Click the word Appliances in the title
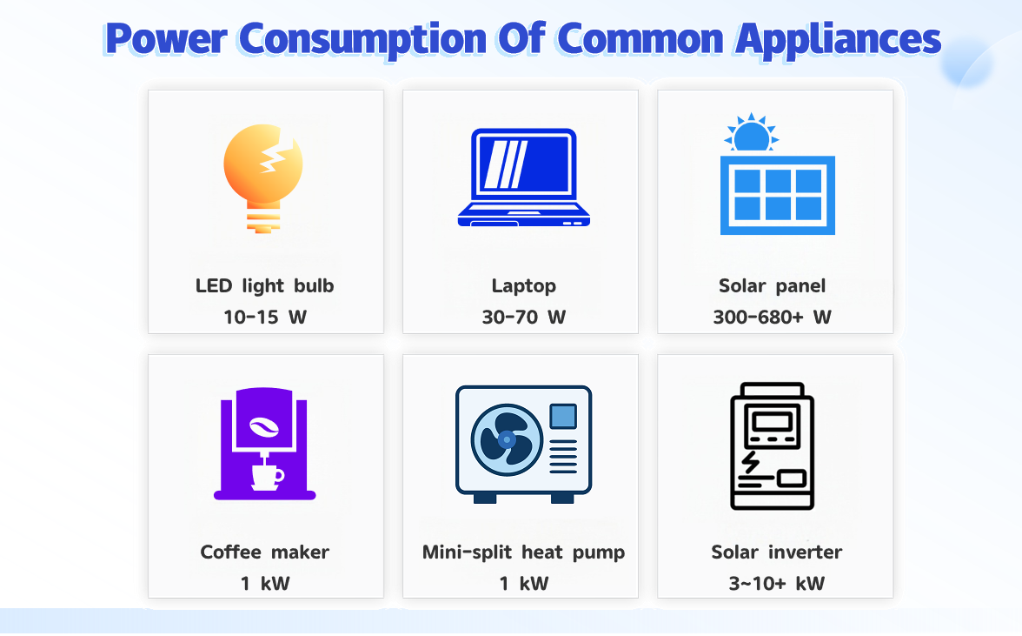[x=837, y=39]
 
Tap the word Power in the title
[x=166, y=39]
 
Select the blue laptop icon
[x=524, y=178]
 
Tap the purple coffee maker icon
[x=265, y=445]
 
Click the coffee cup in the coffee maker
[x=267, y=476]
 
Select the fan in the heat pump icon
[x=507, y=439]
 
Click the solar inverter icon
[x=773, y=445]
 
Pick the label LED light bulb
[x=265, y=285]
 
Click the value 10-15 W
[x=265, y=317]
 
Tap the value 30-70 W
[x=524, y=317]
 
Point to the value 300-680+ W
[x=773, y=317]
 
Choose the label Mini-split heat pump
[x=524, y=552]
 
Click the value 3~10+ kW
[x=776, y=583]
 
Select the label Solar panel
[x=773, y=285]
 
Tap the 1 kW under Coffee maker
[x=265, y=583]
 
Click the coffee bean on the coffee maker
[x=262, y=426]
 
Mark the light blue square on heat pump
[x=563, y=416]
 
